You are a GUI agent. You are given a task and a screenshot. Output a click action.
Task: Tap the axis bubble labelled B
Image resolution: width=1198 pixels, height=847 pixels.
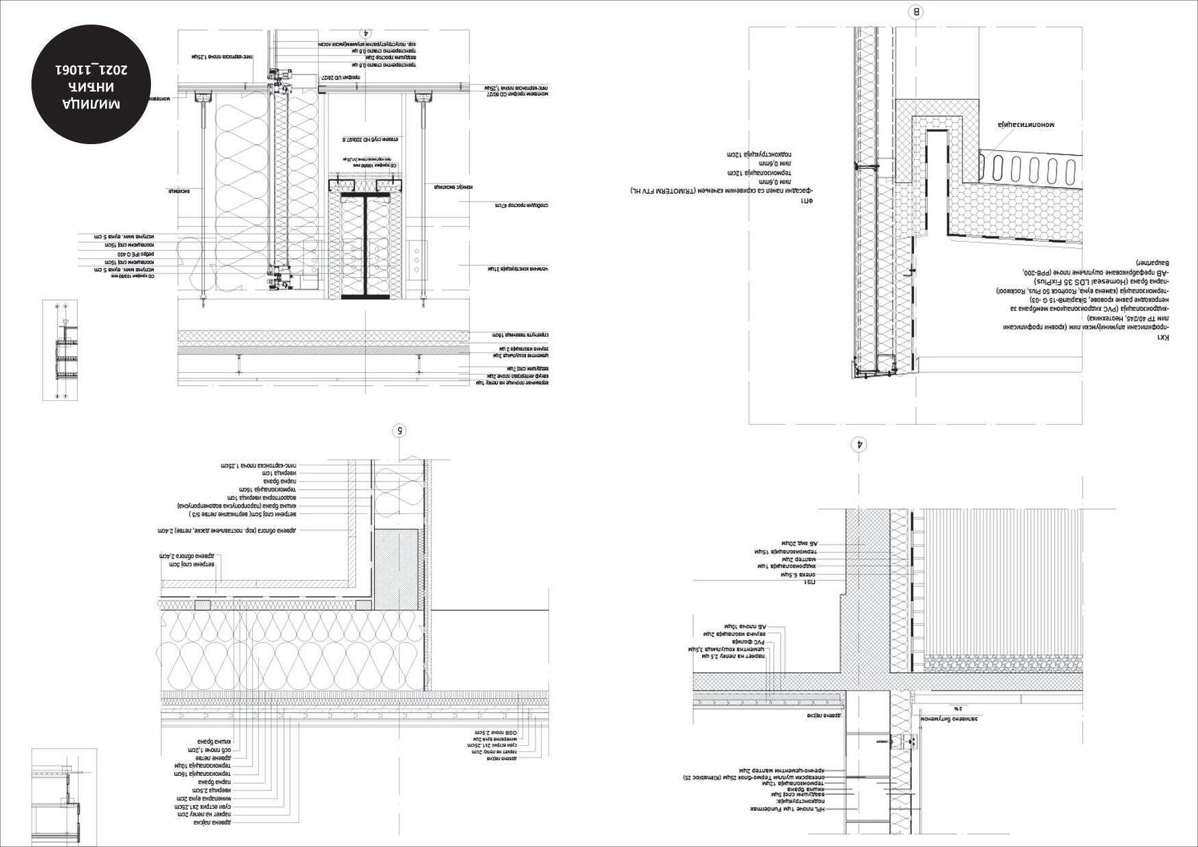pyautogui.click(x=916, y=12)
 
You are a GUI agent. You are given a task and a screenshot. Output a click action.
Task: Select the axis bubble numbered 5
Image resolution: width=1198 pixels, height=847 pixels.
pyautogui.click(x=400, y=430)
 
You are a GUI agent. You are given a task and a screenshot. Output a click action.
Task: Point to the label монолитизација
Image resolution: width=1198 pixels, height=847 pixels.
pyautogui.click(x=1026, y=125)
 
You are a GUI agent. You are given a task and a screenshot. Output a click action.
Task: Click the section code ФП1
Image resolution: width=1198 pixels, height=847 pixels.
pyautogui.click(x=807, y=201)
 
